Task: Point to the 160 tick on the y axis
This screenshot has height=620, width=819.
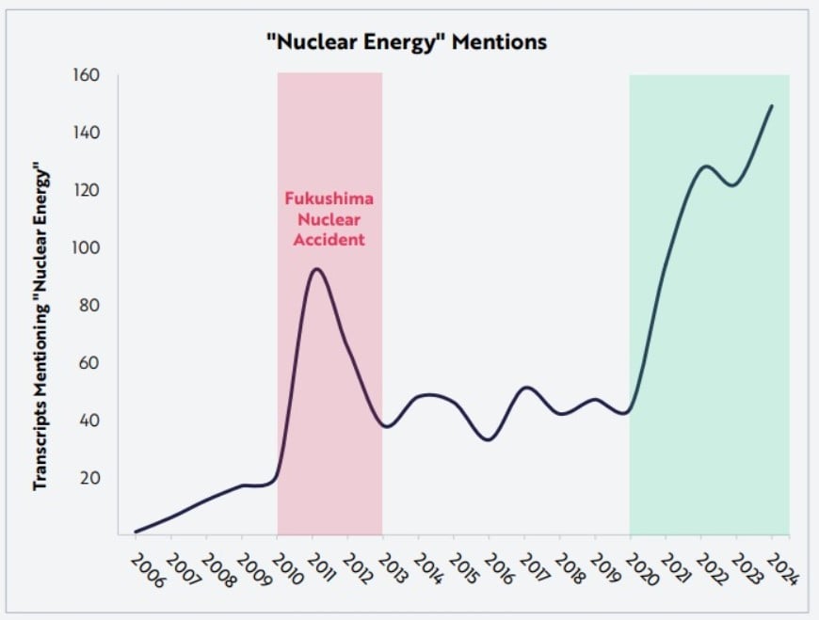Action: tap(88, 76)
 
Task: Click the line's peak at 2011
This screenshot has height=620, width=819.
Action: tap(315, 269)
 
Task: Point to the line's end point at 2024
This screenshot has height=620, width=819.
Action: tap(772, 105)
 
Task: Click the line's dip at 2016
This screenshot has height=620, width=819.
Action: tap(488, 439)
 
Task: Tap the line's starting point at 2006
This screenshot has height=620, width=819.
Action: tap(136, 532)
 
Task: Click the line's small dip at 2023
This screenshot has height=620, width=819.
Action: tap(734, 185)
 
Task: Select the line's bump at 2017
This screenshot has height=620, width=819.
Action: tap(525, 388)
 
